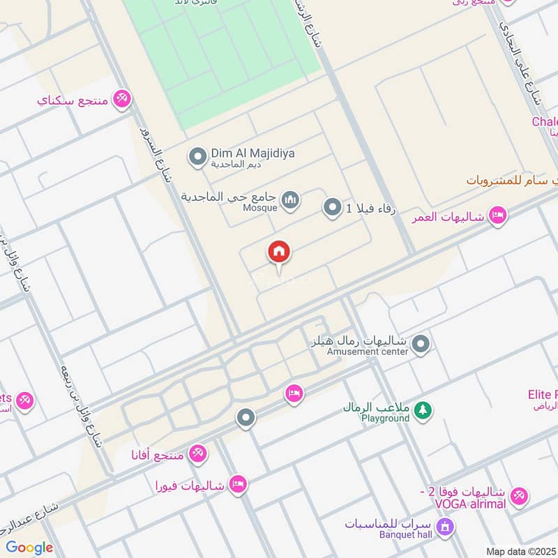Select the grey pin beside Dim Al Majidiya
pyautogui.click(x=197, y=156)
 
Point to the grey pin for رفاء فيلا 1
pyautogui.click(x=332, y=207)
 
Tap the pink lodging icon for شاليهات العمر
pyautogui.click(x=497, y=214)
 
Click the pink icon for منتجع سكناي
pyautogui.click(x=122, y=99)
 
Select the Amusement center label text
pyautogui.click(x=368, y=352)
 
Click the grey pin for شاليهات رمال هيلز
pyautogui.click(x=421, y=343)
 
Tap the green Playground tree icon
pyautogui.click(x=421, y=412)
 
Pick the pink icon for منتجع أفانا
pyautogui.click(x=198, y=454)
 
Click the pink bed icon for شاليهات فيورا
pyautogui.click(x=238, y=484)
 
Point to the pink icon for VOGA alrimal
pyautogui.click(x=518, y=497)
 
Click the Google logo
pyautogui.click(x=29, y=548)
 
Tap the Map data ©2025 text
pyautogui.click(x=520, y=551)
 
